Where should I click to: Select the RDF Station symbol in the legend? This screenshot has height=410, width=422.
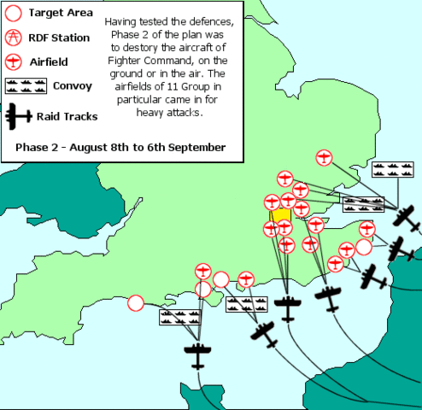pos(14,38)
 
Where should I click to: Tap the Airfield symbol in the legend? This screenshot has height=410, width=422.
pos(14,61)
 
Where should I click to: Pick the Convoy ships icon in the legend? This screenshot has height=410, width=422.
pos(26,85)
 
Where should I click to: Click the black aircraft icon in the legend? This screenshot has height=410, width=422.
pos(16,115)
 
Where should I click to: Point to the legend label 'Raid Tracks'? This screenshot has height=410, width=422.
pos(67,116)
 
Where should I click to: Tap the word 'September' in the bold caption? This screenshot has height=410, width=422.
pos(197,147)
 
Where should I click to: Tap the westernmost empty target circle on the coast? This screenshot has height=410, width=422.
pos(135,302)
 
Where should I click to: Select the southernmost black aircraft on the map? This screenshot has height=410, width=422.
pos(198,354)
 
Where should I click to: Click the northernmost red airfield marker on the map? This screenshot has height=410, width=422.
pos(324,157)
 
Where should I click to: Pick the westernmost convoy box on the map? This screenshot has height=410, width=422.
pos(178,317)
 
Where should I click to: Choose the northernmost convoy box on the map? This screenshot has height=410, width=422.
pos(390,170)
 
